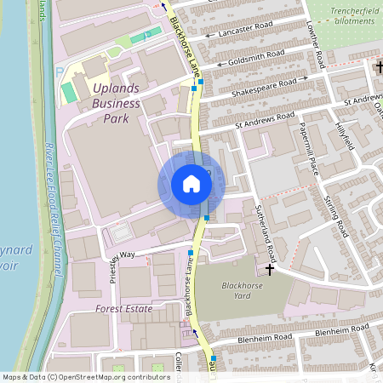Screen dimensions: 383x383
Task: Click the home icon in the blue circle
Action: (x=191, y=184)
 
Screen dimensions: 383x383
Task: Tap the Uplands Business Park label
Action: (x=111, y=103)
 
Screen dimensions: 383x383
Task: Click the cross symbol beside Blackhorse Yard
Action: (x=271, y=270)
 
